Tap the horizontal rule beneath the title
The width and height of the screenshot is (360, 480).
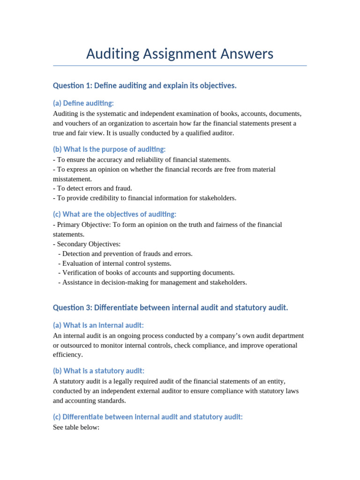[180, 66]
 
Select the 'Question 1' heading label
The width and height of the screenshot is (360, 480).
[72, 86]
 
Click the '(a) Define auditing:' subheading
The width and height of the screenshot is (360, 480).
[83, 103]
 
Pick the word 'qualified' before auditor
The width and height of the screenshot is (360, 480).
[198, 133]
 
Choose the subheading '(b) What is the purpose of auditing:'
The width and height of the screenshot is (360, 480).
[109, 150]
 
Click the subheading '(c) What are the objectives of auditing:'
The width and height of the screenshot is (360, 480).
[114, 214]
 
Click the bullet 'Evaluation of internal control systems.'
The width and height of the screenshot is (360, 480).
[115, 263]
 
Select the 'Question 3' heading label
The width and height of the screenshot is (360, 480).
[72, 308]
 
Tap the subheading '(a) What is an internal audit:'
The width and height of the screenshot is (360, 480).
[98, 325]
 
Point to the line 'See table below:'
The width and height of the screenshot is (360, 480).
[76, 427]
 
